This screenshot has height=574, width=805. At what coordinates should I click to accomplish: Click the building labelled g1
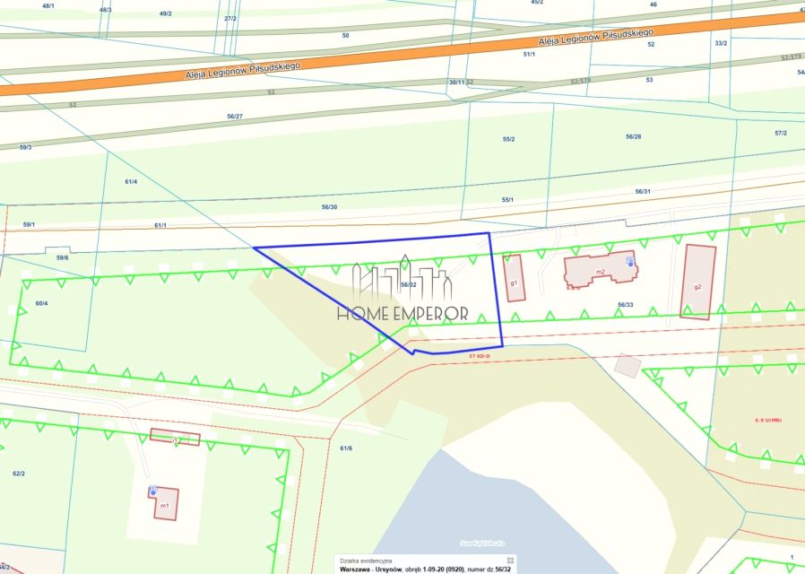click(514, 278)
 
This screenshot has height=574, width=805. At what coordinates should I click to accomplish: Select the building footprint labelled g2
click(697, 282)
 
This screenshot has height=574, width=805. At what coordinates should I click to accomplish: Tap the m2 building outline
click(599, 269)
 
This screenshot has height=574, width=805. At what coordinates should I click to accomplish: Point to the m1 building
click(165, 504)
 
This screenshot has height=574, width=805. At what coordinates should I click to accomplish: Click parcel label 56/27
click(235, 117)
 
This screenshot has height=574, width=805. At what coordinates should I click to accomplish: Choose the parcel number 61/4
click(131, 182)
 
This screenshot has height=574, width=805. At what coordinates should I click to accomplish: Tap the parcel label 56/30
click(329, 207)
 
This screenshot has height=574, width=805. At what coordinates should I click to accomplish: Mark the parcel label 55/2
click(508, 139)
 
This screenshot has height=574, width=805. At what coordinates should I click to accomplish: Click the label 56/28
click(633, 136)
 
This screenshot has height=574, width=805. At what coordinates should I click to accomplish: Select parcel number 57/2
click(780, 133)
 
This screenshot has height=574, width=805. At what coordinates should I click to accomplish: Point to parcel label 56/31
click(642, 191)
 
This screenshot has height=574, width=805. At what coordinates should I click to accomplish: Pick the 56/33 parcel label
click(625, 304)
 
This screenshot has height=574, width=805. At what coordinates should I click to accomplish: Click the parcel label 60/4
click(41, 303)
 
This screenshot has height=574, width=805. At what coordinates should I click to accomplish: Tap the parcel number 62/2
click(18, 472)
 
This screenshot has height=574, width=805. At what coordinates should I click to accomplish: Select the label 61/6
click(346, 448)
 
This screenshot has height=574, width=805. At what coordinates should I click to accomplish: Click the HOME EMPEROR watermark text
click(402, 313)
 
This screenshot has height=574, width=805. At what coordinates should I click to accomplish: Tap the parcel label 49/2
click(165, 13)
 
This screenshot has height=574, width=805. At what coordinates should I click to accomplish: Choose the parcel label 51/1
click(529, 54)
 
